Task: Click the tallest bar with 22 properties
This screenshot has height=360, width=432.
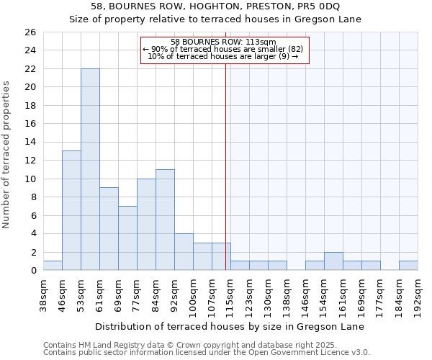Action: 90,169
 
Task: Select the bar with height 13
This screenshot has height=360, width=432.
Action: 71,210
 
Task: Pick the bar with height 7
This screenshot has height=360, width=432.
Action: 127,238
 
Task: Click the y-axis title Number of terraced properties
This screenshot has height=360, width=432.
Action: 6,155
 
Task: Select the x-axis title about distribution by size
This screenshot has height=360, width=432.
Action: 230,326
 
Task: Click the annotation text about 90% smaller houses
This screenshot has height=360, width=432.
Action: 223,49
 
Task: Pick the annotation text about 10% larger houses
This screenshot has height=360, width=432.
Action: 223,56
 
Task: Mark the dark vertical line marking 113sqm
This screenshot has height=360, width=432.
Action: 225,166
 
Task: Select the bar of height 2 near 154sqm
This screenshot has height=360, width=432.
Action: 333,261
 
